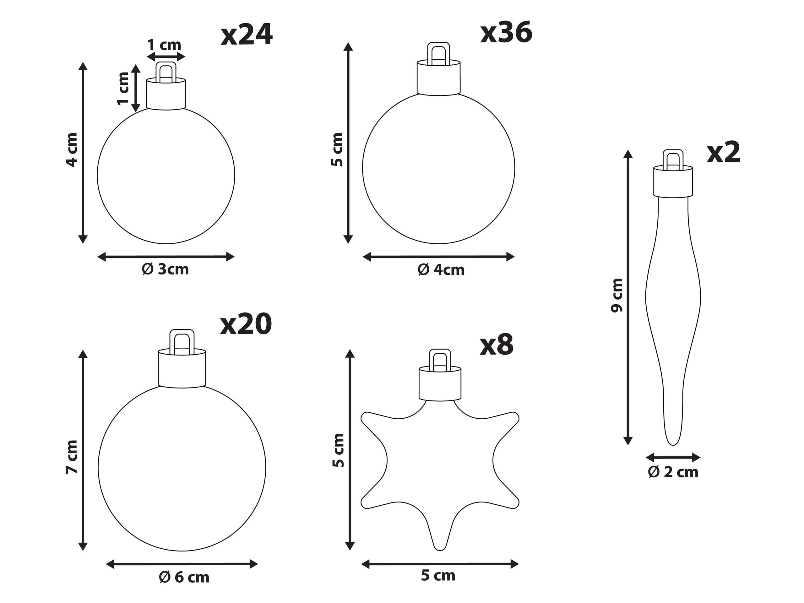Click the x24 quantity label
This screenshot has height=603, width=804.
(247, 35)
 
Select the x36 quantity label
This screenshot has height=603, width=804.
(506, 32)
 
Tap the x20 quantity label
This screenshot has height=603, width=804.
(246, 324)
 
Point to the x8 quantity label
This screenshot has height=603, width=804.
(497, 345)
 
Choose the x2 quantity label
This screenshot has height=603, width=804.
(723, 153)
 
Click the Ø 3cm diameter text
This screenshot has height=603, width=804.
(166, 269)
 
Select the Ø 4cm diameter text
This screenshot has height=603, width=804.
(441, 270)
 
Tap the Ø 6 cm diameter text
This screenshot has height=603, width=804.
(184, 577)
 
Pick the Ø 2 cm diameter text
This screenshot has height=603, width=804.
(673, 472)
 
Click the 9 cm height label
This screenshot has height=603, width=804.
(617, 295)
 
